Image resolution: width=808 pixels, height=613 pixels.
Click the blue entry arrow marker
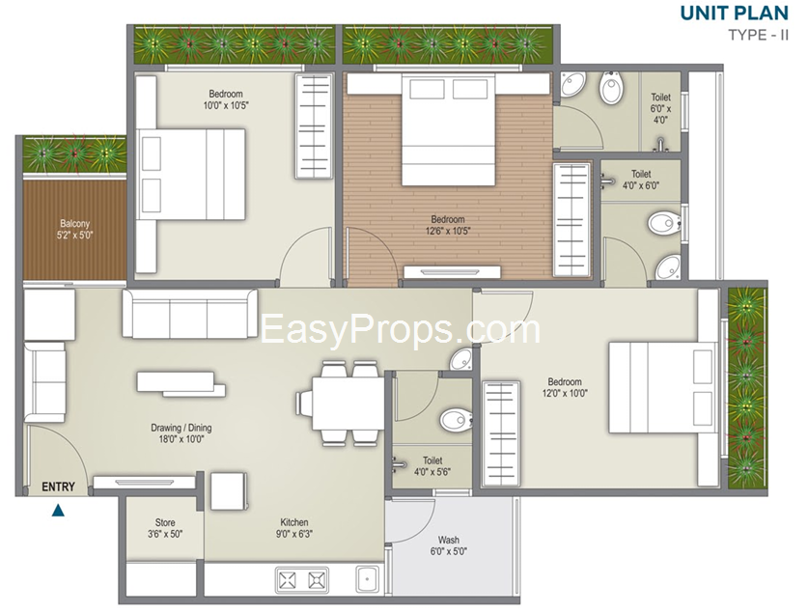click(x=59, y=510)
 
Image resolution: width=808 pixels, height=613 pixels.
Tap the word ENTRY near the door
click(x=58, y=487)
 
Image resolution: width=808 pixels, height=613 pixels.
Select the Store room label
click(x=165, y=528)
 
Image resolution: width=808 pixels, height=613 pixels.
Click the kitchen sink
click(x=368, y=578)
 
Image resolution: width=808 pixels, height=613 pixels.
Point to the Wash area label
click(x=448, y=545)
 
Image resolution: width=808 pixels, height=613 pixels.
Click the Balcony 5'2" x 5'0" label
click(x=74, y=230)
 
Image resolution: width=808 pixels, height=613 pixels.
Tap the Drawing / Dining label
click(x=181, y=433)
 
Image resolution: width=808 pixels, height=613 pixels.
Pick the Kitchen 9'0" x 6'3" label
click(x=294, y=528)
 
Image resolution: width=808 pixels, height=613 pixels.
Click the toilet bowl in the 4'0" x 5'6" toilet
click(x=456, y=419)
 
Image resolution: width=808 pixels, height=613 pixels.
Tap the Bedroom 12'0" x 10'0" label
click(x=565, y=387)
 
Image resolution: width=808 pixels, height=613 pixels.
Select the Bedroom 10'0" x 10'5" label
click(x=226, y=99)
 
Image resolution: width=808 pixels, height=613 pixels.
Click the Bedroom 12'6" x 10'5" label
click(x=448, y=225)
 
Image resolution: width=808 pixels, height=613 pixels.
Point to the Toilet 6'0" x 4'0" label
click(x=660, y=108)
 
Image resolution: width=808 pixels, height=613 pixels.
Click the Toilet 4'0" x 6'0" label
click(x=641, y=180)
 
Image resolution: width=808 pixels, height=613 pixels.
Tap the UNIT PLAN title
click(x=735, y=13)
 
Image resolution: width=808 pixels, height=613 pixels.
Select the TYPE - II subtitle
click(x=758, y=35)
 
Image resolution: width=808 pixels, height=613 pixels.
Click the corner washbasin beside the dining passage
click(x=461, y=359)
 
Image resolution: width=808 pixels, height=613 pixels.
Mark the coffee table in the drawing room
click(x=181, y=384)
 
